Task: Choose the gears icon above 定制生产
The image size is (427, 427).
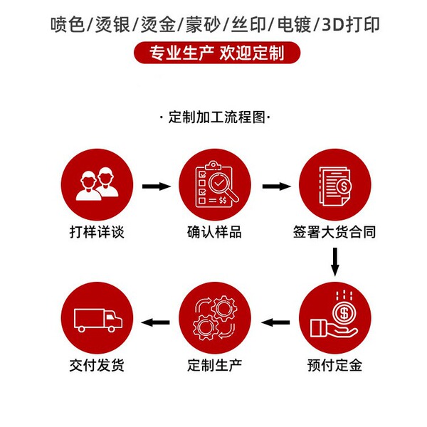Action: pos(214,317)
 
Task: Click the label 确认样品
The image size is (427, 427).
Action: pos(214,233)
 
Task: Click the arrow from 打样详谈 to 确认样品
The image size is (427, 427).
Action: pos(156,186)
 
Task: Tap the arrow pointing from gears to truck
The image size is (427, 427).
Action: pos(156,322)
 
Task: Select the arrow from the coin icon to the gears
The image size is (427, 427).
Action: pos(276,322)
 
